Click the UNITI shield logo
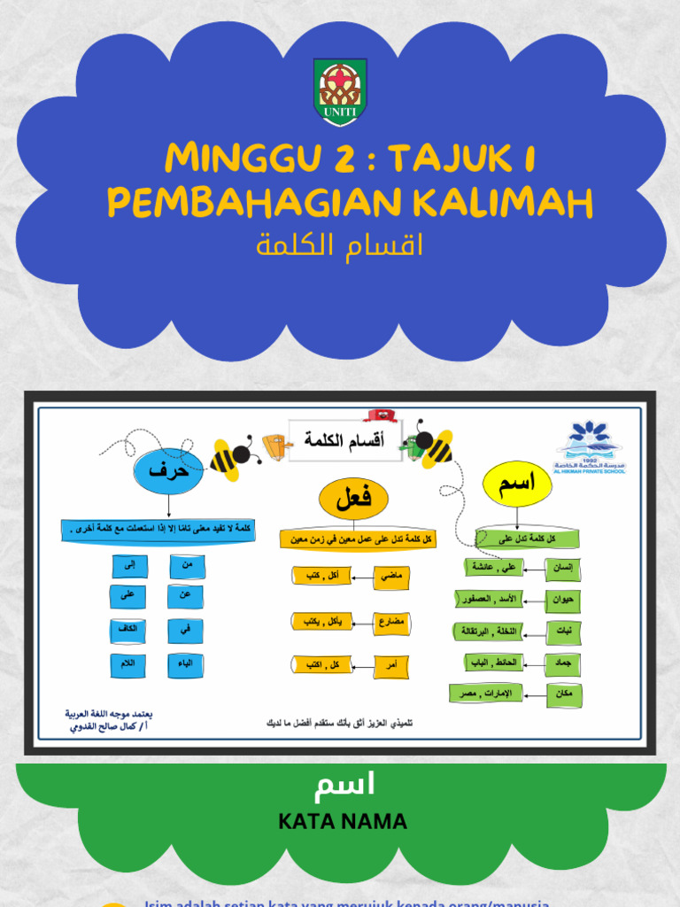[340, 92]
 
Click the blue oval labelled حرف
[169, 471]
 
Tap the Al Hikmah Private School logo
[590, 448]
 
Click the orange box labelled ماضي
[390, 577]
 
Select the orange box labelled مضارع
[390, 621]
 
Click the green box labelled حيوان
[562, 600]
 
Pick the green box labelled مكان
[562, 694]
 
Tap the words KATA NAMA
[343, 822]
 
